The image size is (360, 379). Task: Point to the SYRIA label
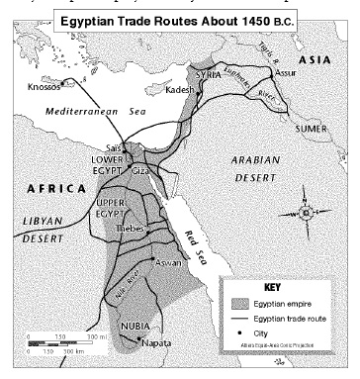coord(207,75)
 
